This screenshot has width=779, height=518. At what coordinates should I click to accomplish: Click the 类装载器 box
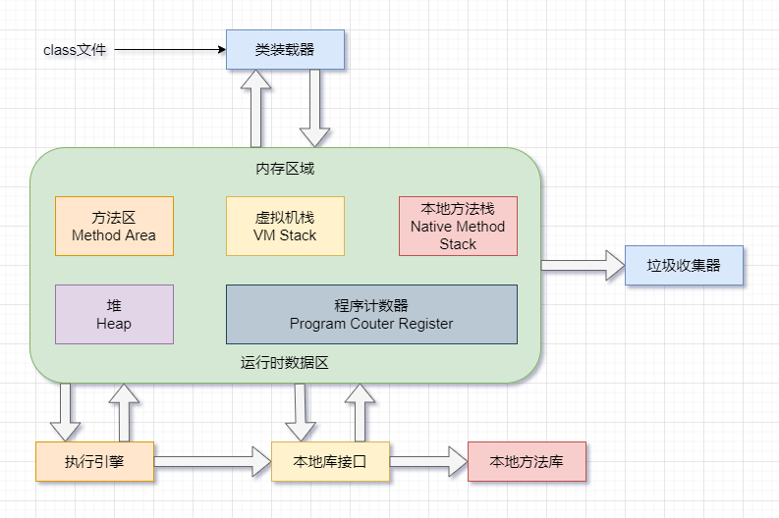[x=285, y=49]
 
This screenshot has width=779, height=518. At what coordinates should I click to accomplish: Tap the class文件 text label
[x=75, y=49]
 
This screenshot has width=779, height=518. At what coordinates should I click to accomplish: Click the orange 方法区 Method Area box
[x=114, y=226]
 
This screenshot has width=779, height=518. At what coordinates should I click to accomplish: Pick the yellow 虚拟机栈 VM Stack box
[x=285, y=226]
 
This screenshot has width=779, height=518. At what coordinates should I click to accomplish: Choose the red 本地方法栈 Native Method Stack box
[x=458, y=226]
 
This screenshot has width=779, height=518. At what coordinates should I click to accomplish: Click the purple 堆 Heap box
[x=114, y=314]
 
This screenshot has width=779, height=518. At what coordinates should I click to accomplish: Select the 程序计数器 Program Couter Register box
[x=371, y=314]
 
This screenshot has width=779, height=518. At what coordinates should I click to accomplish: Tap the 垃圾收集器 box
[x=684, y=265]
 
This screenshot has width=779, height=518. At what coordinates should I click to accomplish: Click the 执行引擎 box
[x=94, y=461]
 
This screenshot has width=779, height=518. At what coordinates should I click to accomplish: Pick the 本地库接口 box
[x=330, y=461]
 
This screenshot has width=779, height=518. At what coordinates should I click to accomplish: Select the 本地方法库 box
[x=527, y=461]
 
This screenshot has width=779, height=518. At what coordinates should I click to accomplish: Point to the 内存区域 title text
[x=285, y=168]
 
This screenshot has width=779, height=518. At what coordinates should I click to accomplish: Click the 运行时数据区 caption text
[x=285, y=362]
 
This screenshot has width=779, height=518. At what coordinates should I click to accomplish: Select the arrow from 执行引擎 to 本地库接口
[x=212, y=461]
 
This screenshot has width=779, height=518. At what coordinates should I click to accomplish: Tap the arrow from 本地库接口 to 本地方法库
[x=428, y=461]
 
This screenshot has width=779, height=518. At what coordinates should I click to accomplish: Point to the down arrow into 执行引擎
[x=65, y=412]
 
